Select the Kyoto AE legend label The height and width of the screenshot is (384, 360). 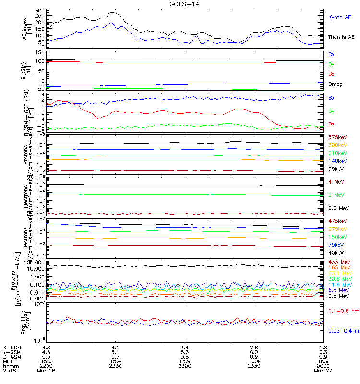(x=339, y=17)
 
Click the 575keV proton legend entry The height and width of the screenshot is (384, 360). (x=337, y=137)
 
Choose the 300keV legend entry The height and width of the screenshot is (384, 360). (x=337, y=145)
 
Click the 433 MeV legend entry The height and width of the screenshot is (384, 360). (x=338, y=262)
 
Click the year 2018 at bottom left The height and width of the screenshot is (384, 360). (x=9, y=371)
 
